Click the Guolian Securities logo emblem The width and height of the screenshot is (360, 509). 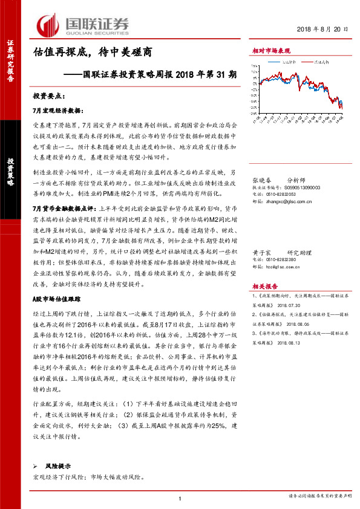[48, 25]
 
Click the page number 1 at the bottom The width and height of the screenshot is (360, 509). [181, 498]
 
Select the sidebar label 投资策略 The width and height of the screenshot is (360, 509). [10, 172]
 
